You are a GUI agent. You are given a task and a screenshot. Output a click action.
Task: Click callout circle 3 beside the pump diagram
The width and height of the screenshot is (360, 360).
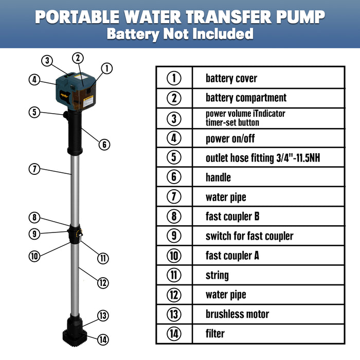(47, 61)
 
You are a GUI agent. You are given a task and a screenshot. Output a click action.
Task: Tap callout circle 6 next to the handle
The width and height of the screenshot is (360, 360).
(104, 145)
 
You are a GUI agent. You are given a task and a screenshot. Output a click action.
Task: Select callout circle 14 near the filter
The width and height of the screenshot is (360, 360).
(103, 339)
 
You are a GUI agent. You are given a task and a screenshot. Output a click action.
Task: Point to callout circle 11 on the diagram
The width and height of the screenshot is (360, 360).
(103, 258)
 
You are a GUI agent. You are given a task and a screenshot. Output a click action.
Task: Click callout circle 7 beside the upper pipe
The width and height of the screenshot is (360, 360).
(34, 169)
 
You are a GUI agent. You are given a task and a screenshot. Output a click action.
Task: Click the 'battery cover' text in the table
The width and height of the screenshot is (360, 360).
(231, 79)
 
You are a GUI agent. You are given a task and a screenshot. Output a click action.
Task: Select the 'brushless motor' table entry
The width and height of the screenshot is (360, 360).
(237, 314)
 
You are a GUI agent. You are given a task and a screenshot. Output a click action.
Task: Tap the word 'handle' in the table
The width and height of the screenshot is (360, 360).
(218, 177)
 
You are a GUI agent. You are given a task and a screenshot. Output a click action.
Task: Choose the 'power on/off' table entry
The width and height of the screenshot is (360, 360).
(230, 139)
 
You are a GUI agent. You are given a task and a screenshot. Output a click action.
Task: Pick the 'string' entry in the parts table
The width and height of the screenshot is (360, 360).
(217, 276)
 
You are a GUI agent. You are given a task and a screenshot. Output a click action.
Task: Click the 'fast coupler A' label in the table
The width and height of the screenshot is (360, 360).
(232, 256)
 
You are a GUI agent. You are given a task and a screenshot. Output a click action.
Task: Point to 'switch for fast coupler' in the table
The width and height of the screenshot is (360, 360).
(249, 236)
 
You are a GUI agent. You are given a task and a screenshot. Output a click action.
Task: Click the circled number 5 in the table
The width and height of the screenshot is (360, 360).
(174, 157)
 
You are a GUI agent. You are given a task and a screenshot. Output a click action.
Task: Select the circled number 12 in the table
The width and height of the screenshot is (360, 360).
(174, 295)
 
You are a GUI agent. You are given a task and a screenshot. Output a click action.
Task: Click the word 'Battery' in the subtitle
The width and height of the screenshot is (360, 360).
(133, 34)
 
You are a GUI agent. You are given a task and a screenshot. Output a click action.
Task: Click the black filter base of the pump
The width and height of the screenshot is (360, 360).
(75, 337)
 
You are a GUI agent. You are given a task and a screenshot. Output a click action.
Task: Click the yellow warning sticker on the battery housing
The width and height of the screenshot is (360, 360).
(88, 101)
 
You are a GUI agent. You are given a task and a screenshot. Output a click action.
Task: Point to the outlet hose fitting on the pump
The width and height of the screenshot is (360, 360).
(66, 115)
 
